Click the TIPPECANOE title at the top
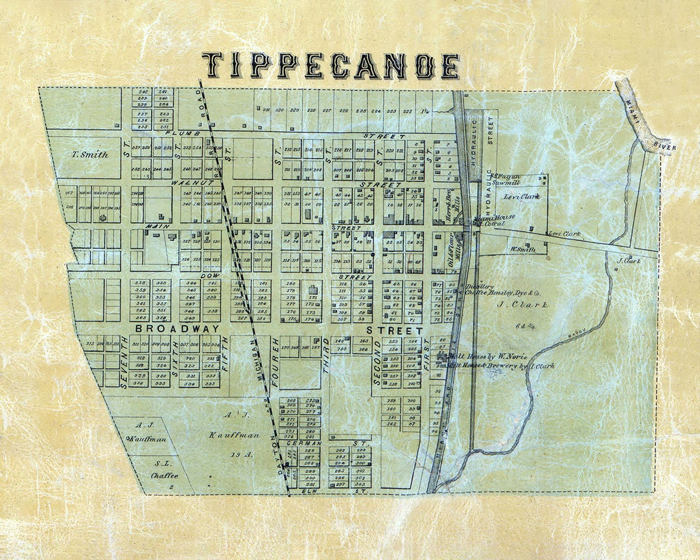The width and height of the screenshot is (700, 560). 331,65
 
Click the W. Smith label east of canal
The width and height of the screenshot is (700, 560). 522,248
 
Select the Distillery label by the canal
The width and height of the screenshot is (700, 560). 481,286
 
